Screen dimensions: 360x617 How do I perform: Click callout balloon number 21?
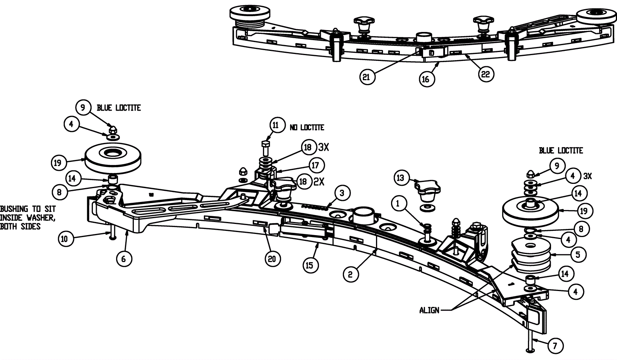(x=366, y=77)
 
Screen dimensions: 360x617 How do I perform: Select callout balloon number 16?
(x=426, y=79)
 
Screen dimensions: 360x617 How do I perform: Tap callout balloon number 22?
(x=486, y=74)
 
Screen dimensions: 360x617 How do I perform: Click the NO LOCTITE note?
(x=307, y=127)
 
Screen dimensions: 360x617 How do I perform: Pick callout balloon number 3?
(x=342, y=192)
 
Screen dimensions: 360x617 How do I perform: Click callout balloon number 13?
(x=401, y=178)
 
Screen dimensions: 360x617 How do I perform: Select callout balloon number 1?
(x=399, y=203)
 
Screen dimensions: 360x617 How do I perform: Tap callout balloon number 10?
(x=64, y=239)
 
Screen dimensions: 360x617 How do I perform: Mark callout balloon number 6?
(x=123, y=259)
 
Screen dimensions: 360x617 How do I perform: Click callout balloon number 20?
(x=272, y=259)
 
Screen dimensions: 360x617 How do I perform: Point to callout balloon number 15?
(x=310, y=266)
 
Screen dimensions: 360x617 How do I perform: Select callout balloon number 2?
(x=350, y=274)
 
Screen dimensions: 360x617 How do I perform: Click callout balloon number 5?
(x=578, y=254)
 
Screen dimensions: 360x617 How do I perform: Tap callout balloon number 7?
(x=555, y=346)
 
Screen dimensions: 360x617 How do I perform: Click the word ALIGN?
(x=429, y=310)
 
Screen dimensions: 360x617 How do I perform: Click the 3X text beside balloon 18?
(x=324, y=147)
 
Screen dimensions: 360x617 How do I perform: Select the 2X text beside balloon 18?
(x=319, y=182)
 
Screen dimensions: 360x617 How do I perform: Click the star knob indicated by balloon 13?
(x=426, y=192)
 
